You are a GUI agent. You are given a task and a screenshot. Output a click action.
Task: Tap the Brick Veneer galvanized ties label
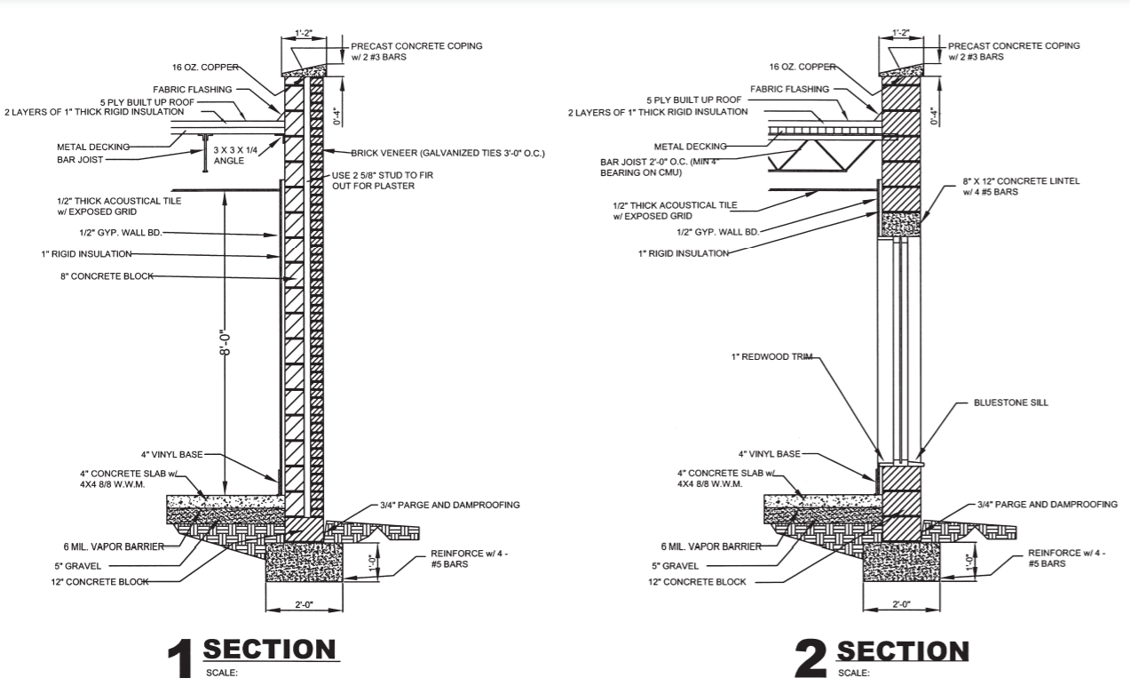click(x=447, y=153)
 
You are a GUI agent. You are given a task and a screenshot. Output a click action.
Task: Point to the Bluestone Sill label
click(x=1010, y=403)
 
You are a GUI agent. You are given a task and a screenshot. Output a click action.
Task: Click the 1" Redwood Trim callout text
click(x=769, y=357)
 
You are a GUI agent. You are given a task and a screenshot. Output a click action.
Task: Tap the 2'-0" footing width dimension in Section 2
click(x=902, y=604)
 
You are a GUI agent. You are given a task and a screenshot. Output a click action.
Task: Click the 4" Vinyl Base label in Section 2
click(x=769, y=453)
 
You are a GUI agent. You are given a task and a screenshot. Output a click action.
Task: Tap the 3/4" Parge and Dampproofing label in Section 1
click(x=449, y=505)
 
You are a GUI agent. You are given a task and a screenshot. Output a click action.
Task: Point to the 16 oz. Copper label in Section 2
click(x=802, y=67)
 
